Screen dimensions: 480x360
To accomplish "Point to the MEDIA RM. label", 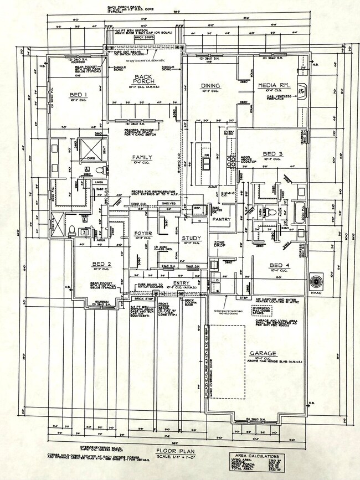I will tap(271, 85).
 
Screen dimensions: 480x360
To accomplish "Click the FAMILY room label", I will tap(142, 157).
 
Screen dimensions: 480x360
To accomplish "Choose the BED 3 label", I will tap(272, 153).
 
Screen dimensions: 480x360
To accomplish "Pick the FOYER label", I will tap(143, 234).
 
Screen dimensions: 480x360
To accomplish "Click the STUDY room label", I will tap(191, 239).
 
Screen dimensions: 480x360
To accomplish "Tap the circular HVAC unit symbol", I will tap(317, 277).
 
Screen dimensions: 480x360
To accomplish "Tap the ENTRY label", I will tap(181, 283).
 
